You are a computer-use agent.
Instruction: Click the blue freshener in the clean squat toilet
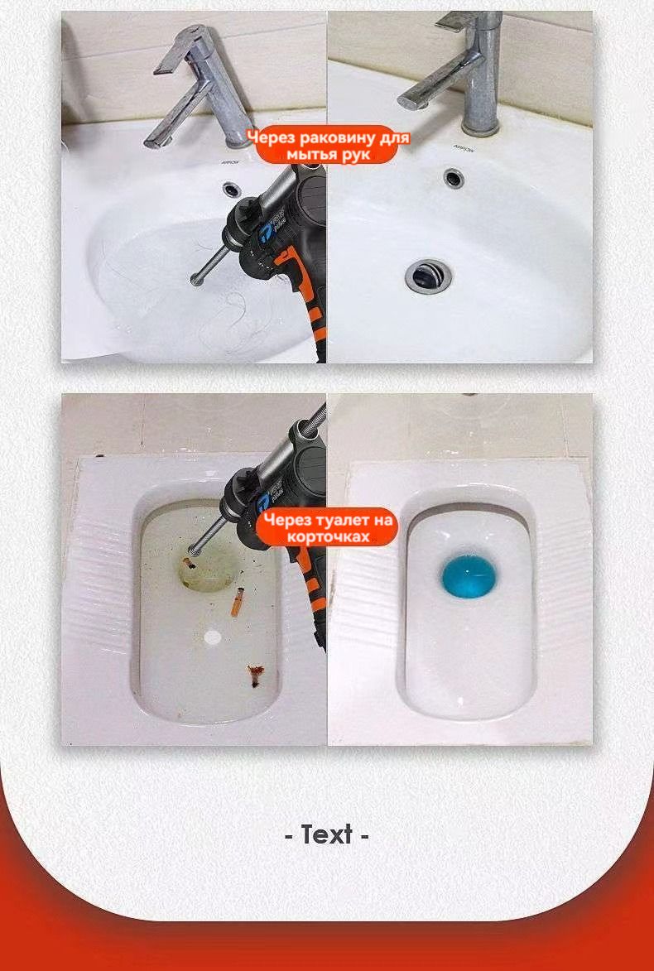[x=464, y=577]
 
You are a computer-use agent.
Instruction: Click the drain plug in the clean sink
[x=429, y=276]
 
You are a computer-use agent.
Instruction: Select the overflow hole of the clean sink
[x=454, y=178]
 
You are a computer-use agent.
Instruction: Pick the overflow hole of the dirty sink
[x=232, y=187]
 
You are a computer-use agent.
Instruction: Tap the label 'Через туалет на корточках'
[x=327, y=527]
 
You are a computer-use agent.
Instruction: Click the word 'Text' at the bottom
[x=327, y=834]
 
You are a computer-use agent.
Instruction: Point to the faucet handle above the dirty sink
[x=180, y=50]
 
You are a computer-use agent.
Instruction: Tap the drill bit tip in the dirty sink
[x=195, y=281]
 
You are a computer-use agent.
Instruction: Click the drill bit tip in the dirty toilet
[x=192, y=550]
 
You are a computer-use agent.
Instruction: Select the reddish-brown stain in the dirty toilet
[x=255, y=674]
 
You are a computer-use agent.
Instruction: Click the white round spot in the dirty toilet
[x=213, y=636]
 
